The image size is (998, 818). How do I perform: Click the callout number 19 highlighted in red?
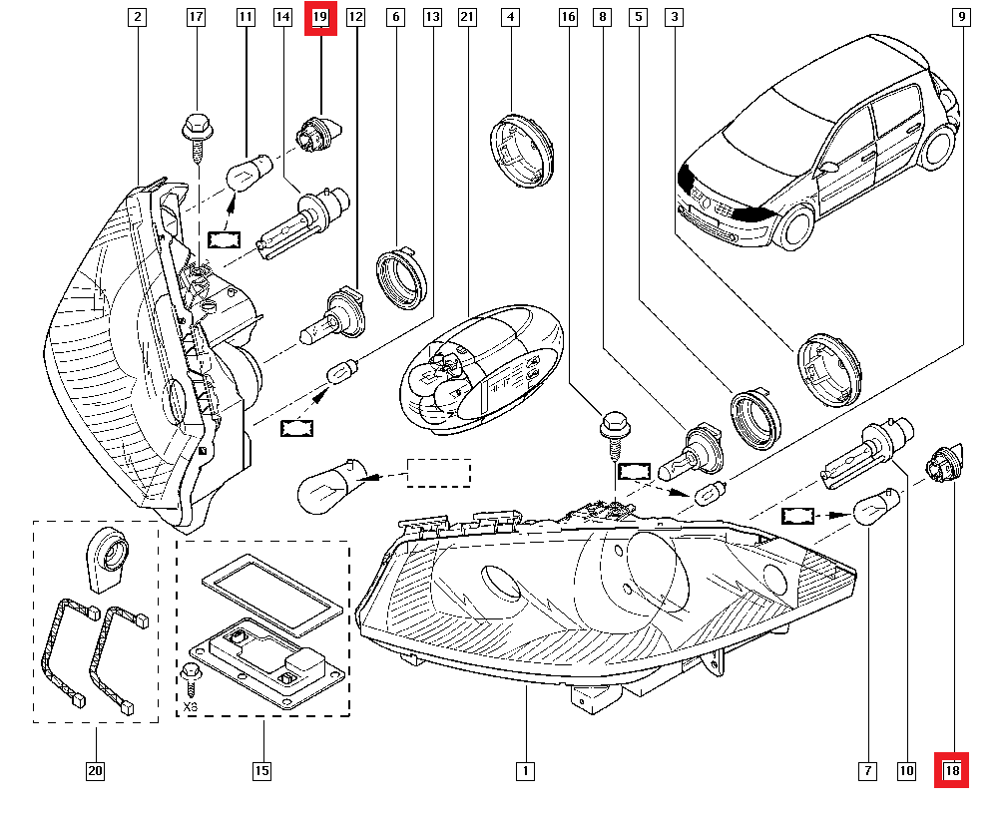click(x=320, y=17)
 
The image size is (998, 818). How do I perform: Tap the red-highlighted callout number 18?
click(x=951, y=770)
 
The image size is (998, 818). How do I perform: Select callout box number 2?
click(x=137, y=17)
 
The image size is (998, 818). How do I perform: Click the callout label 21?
click(x=467, y=17)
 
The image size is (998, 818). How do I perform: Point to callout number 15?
click(x=262, y=771)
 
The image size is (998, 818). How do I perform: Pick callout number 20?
click(x=95, y=771)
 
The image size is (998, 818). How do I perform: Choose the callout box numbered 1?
click(x=525, y=771)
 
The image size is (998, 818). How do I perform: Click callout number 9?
click(x=962, y=17)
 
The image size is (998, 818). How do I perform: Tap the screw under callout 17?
click(x=198, y=136)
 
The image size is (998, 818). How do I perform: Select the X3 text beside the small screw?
click(x=191, y=707)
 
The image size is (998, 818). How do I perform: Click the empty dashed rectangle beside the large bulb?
click(x=439, y=473)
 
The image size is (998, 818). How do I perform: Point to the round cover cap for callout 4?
click(x=522, y=151)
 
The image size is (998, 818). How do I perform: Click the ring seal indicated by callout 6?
click(x=401, y=279)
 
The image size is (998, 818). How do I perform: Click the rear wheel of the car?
click(x=939, y=148)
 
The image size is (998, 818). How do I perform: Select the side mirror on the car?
click(x=828, y=168)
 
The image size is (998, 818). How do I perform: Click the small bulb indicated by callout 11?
click(x=249, y=173)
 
